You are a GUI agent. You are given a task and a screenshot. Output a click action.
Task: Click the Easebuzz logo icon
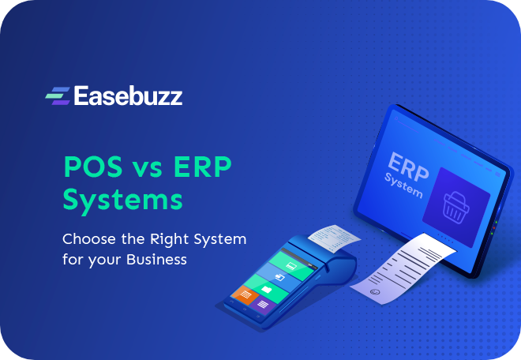point(57,96)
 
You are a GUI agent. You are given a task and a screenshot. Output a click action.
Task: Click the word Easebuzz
point(128,96)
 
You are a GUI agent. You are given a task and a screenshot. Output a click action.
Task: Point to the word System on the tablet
point(403,186)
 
